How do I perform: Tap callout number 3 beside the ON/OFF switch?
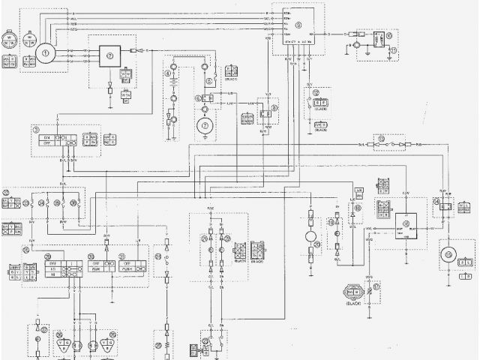tap(36, 130)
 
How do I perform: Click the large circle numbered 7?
tap(204, 125)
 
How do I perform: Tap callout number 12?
tap(316, 93)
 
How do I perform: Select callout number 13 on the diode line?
tap(381, 138)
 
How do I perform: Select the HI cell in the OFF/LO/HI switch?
tap(52, 274)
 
